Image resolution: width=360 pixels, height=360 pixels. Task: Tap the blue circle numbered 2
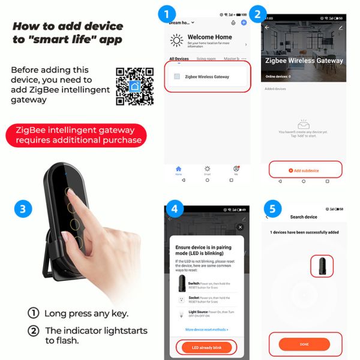tap(257, 14)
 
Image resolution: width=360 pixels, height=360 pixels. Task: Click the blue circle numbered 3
tap(22, 209)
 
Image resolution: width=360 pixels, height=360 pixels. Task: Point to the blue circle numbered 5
tap(272, 209)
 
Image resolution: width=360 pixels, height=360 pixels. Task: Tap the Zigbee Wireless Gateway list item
tap(207, 77)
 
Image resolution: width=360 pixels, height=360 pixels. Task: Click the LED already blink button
tap(206, 347)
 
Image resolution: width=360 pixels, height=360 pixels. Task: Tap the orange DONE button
tap(304, 344)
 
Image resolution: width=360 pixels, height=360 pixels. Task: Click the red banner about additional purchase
tap(76, 134)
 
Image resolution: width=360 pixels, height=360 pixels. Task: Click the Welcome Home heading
tap(209, 37)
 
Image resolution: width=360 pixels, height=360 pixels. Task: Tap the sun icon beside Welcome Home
tap(177, 41)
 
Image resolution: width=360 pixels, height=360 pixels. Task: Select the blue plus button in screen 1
tap(244, 22)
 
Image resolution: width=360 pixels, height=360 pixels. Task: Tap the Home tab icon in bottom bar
tap(178, 169)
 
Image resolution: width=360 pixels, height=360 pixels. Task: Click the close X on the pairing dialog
tap(240, 227)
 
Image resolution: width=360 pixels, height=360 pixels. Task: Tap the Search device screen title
tap(304, 217)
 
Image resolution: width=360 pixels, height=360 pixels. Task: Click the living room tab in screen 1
tap(206, 59)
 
